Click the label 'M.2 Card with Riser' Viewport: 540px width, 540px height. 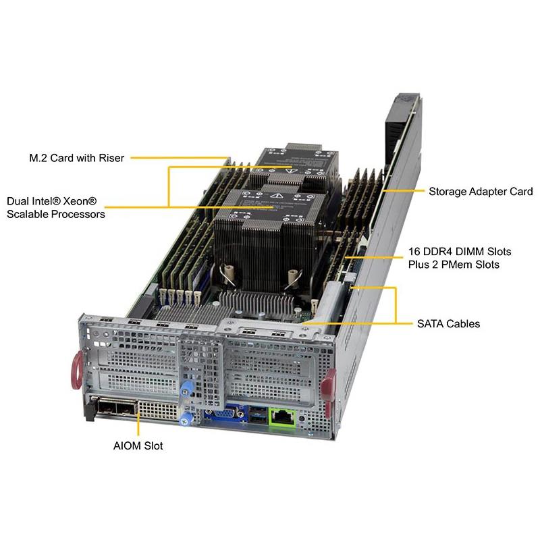point(76,158)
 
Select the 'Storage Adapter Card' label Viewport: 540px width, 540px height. point(481,192)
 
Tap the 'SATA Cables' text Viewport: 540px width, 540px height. point(448,324)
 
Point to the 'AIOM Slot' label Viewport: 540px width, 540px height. point(138,446)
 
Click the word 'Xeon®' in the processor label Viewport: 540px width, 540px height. point(80,201)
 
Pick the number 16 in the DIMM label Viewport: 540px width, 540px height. point(414,252)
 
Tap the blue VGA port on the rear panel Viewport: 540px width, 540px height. point(225,413)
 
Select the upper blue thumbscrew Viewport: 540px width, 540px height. point(186,389)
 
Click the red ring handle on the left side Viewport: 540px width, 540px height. point(76,370)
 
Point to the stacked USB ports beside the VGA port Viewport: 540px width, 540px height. point(258,414)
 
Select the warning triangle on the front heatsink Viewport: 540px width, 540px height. point(276,196)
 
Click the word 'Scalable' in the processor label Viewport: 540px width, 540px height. point(26,214)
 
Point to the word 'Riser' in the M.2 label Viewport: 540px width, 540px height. point(111,158)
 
